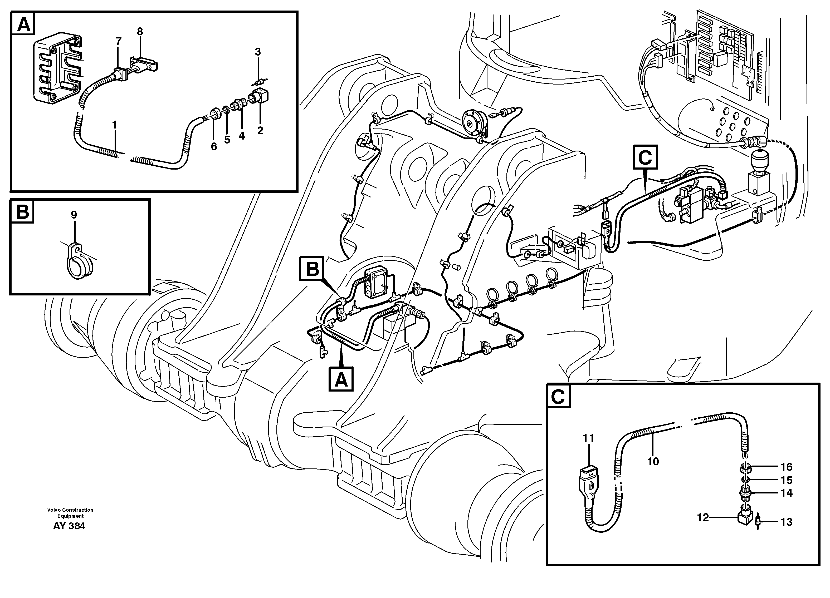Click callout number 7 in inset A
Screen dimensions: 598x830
[x=118, y=41]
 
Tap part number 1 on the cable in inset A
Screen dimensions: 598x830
[x=115, y=125]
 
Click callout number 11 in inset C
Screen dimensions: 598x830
[x=588, y=438]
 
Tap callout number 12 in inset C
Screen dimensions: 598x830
[x=703, y=517]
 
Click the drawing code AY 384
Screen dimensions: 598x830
[x=69, y=526]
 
